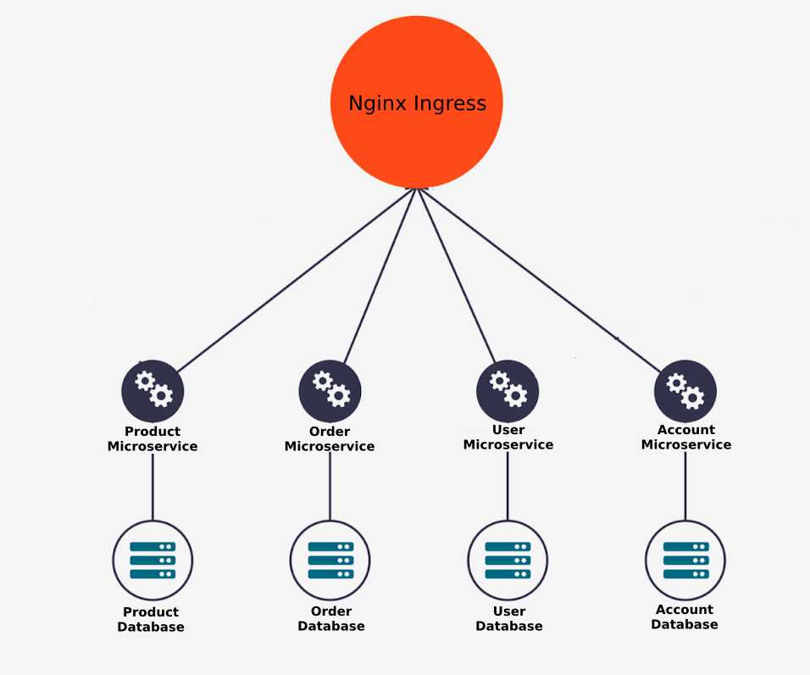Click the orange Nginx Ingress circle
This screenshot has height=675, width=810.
tap(416, 102)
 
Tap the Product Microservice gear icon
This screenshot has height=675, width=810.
tap(153, 391)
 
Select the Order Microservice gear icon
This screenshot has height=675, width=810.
tap(330, 391)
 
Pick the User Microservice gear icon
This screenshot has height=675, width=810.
tap(508, 391)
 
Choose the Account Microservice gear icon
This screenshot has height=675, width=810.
tap(685, 391)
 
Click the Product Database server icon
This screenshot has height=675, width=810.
tap(153, 561)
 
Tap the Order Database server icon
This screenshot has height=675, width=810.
tap(330, 561)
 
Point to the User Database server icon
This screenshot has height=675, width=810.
tap(508, 561)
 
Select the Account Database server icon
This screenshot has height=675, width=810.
tap(685, 561)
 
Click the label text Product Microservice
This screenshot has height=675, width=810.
tap(153, 438)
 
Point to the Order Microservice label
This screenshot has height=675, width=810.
tap(330, 438)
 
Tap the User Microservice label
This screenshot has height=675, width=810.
tap(508, 438)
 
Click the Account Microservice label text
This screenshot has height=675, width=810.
tap(686, 438)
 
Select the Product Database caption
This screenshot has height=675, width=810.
tap(151, 619)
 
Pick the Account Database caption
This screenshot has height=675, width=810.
tap(685, 617)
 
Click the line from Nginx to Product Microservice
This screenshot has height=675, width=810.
tap(296, 280)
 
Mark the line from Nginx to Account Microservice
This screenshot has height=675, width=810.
tap(540, 280)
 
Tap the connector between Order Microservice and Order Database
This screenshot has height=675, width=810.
tap(330, 487)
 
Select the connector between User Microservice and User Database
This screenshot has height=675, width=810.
tap(508, 486)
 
